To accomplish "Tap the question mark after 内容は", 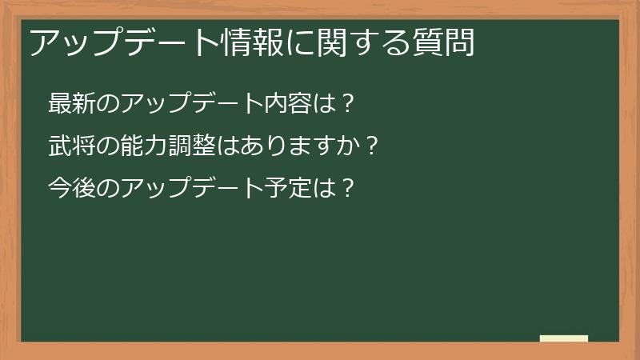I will [x=346, y=104].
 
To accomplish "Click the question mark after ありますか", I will [x=369, y=146].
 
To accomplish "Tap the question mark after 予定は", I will [x=346, y=189].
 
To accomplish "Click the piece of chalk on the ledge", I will [x=564, y=338].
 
